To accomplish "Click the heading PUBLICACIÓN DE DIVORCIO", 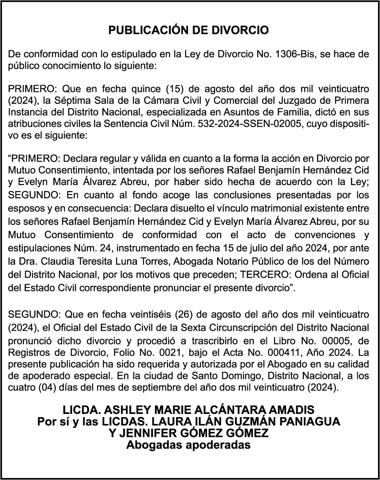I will click(x=189, y=30).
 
